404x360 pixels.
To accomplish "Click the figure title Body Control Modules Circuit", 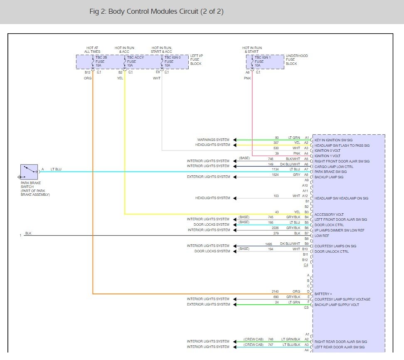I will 156,12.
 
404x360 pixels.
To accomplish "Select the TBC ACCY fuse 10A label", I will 136,62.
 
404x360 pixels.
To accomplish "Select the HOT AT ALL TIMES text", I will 92,50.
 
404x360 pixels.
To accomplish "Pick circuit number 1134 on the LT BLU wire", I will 275,169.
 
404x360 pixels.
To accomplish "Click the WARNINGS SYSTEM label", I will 213,140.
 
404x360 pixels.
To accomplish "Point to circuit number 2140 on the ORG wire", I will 275,291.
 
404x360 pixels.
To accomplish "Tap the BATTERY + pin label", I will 323,294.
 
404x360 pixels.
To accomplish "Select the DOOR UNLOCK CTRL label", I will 332,251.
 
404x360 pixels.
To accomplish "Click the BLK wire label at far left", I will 28,233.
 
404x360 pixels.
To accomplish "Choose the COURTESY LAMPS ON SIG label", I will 335,246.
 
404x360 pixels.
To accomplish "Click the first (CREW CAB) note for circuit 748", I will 254,339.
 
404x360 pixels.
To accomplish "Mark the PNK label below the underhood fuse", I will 247,78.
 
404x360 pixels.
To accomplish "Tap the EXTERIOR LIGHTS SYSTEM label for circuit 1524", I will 208,177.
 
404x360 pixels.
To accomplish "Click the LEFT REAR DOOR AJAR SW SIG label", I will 339,347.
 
